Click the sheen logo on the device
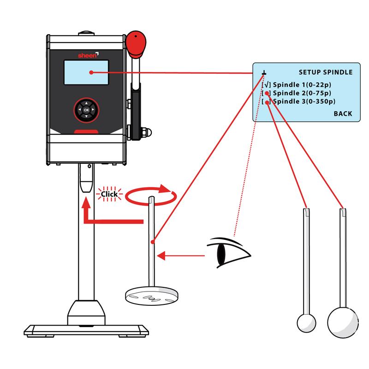pos(85,54)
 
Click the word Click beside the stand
pos(109,194)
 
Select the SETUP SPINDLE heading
pos(325,72)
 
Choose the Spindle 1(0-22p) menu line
pos(302,85)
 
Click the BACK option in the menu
pos(342,113)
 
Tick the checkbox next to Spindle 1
pos(266,85)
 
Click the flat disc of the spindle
pos(153,295)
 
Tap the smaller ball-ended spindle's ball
pos(305,321)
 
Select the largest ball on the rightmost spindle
pos(342,320)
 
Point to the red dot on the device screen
pos(92,72)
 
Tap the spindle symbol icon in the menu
pos(264,72)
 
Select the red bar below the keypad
pos(86,131)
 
